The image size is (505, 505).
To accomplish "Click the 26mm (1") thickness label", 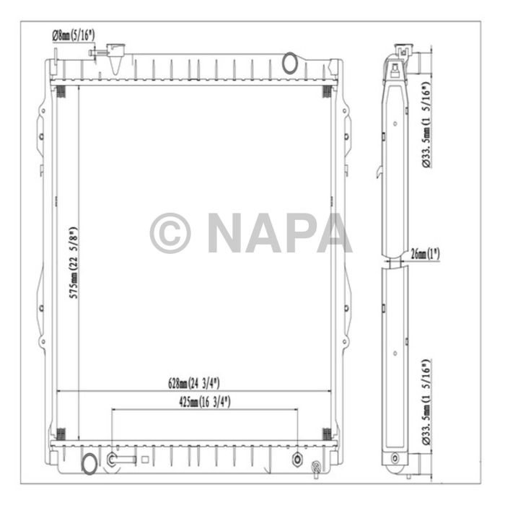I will click(425, 254).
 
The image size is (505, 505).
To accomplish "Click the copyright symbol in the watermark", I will click(170, 233).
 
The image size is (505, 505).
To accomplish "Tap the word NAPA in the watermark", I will click(280, 233).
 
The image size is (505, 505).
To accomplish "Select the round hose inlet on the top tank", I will click(289, 62).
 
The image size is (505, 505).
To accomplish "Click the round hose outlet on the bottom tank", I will click(89, 465).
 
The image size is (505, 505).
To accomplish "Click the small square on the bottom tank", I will click(145, 458).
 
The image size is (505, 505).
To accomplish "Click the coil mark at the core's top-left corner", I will click(61, 92).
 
